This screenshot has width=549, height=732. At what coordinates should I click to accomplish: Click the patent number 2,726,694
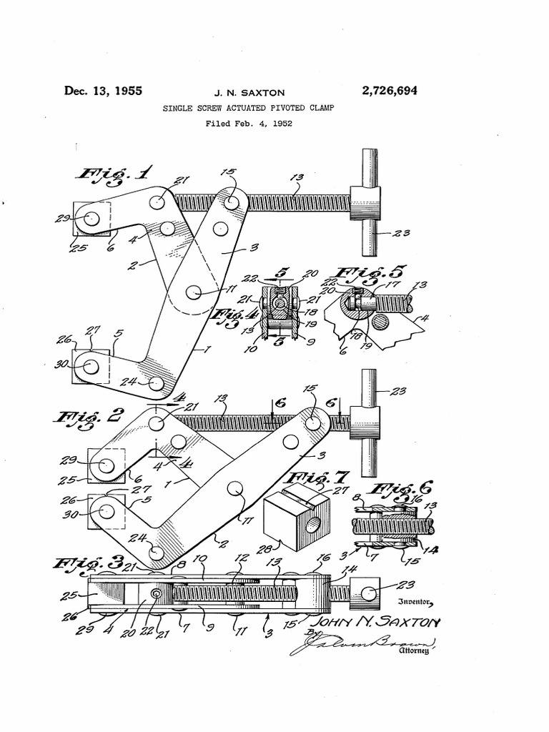coord(390,91)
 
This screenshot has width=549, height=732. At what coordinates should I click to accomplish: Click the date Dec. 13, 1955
coord(104,91)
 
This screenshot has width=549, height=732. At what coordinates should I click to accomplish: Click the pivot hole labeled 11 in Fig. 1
coord(194,292)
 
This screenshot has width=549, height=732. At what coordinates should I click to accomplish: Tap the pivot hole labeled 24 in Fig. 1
coord(157,384)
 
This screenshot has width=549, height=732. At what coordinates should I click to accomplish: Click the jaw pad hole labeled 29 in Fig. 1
coord(91,219)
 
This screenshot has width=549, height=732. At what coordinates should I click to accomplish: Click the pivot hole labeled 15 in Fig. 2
coord(313,422)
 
